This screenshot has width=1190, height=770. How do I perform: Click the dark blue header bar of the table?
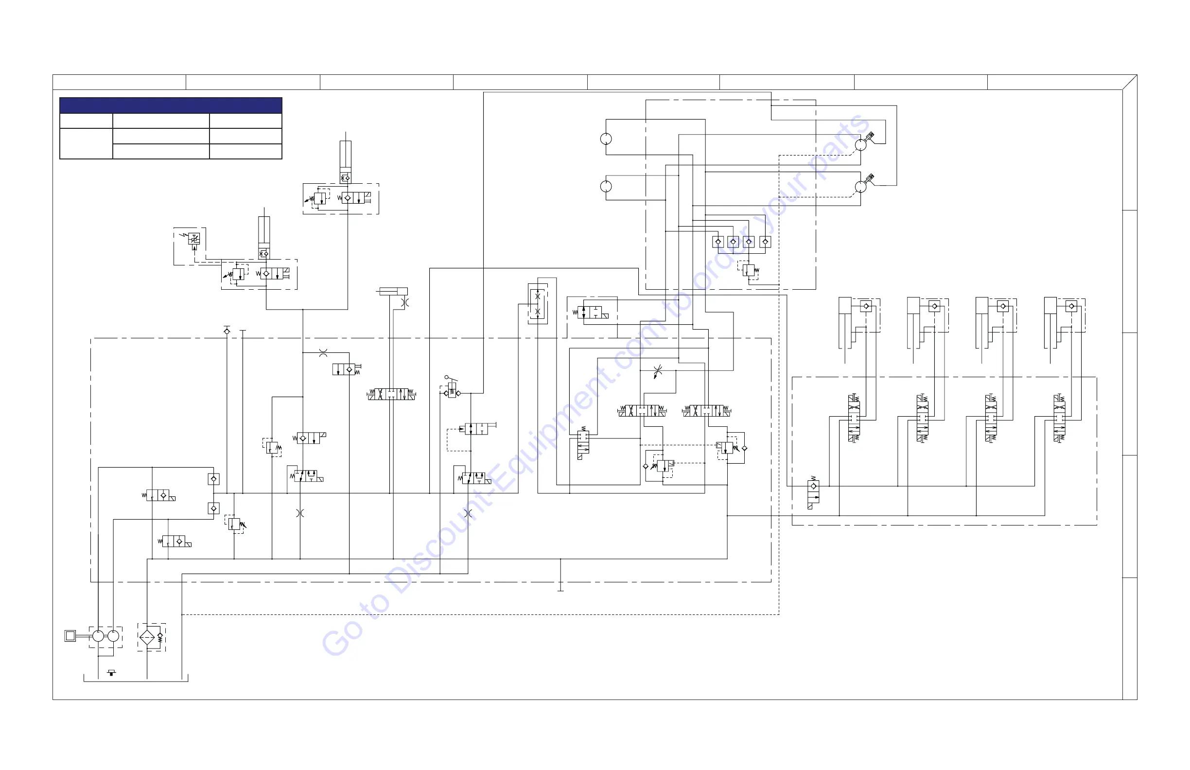pyautogui.click(x=171, y=105)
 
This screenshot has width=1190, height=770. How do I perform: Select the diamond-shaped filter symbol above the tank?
pyautogui.click(x=147, y=637)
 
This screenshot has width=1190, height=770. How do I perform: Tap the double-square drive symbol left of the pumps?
pyautogui.click(x=70, y=636)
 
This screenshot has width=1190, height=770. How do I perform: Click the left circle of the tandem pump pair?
pyautogui.click(x=98, y=636)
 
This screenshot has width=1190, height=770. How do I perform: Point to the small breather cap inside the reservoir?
pyautogui.click(x=111, y=672)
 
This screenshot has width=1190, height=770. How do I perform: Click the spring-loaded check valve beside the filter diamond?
pyautogui.click(x=160, y=637)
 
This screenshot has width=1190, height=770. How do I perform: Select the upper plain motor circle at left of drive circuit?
pyautogui.click(x=606, y=139)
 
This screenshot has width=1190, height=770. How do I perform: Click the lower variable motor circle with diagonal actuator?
pyautogui.click(x=860, y=187)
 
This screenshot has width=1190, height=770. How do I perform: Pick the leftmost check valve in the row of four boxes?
pyautogui.click(x=718, y=242)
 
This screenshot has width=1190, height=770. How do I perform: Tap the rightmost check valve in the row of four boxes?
pyautogui.click(x=765, y=242)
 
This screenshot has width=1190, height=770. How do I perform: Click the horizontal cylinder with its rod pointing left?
pyautogui.click(x=393, y=291)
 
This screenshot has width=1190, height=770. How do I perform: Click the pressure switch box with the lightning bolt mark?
pyautogui.click(x=194, y=239)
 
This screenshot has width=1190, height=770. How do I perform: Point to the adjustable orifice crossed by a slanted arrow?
pyautogui.click(x=658, y=370)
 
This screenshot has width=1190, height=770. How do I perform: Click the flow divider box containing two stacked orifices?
pyautogui.click(x=538, y=303)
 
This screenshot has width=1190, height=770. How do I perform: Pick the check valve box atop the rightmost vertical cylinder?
pyautogui.click(x=1071, y=306)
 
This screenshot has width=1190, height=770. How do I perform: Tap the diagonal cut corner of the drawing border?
pyautogui.click(x=1130, y=82)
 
